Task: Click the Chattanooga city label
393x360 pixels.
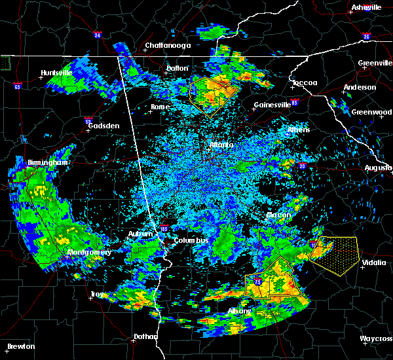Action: click(x=168, y=45)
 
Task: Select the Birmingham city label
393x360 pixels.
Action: click(x=29, y=162)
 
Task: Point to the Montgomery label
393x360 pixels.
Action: click(x=89, y=252)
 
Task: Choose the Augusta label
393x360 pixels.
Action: click(x=378, y=168)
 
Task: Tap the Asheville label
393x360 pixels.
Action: click(x=366, y=7)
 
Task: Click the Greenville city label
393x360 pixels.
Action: click(x=375, y=63)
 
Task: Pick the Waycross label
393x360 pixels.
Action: click(x=376, y=338)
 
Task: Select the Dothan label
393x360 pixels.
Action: click(x=145, y=336)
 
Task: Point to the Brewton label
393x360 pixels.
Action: click(x=21, y=346)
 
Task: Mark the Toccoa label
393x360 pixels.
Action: click(x=305, y=83)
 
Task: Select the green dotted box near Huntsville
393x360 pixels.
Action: click(x=7, y=63)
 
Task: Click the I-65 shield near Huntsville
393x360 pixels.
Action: click(x=17, y=86)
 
